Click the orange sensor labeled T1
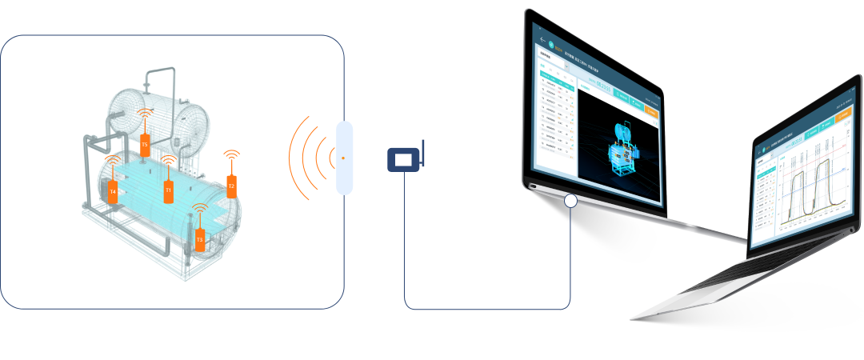169,191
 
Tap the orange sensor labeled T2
232,186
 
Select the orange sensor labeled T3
200,238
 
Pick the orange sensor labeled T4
113,192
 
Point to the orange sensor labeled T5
145,145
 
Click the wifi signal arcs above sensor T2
231,154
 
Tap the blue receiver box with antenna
404,160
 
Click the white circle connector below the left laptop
570,200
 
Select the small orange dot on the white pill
343,158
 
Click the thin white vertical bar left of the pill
312,158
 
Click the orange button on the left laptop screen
650,112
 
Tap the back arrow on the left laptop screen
543,39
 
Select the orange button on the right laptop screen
842,117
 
